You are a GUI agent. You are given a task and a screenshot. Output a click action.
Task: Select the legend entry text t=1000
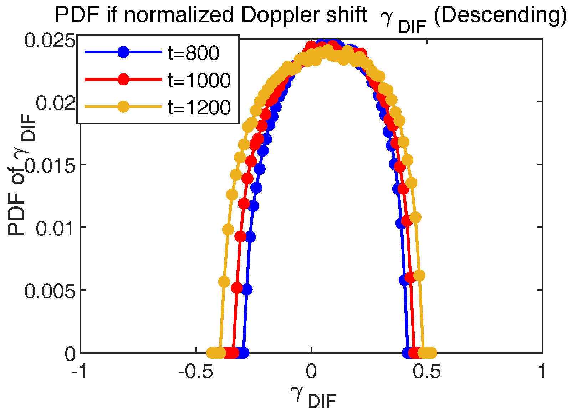(x=199, y=80)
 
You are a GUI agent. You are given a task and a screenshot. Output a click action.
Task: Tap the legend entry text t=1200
(x=199, y=107)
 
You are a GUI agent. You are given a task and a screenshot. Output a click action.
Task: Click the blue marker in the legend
(x=123, y=52)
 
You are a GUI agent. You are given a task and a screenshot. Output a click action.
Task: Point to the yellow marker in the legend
(x=123, y=106)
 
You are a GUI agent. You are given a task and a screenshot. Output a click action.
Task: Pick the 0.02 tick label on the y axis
(x=55, y=103)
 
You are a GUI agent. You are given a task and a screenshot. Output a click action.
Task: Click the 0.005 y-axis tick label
(x=50, y=291)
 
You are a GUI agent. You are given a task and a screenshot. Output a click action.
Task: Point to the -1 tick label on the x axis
(x=79, y=372)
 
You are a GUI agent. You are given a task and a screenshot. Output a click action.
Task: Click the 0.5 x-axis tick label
(x=427, y=372)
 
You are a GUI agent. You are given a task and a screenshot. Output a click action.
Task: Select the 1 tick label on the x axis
(x=542, y=372)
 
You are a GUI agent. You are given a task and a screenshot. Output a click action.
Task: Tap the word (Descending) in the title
(x=500, y=15)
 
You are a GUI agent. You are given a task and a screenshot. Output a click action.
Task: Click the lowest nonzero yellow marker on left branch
(x=224, y=282)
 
